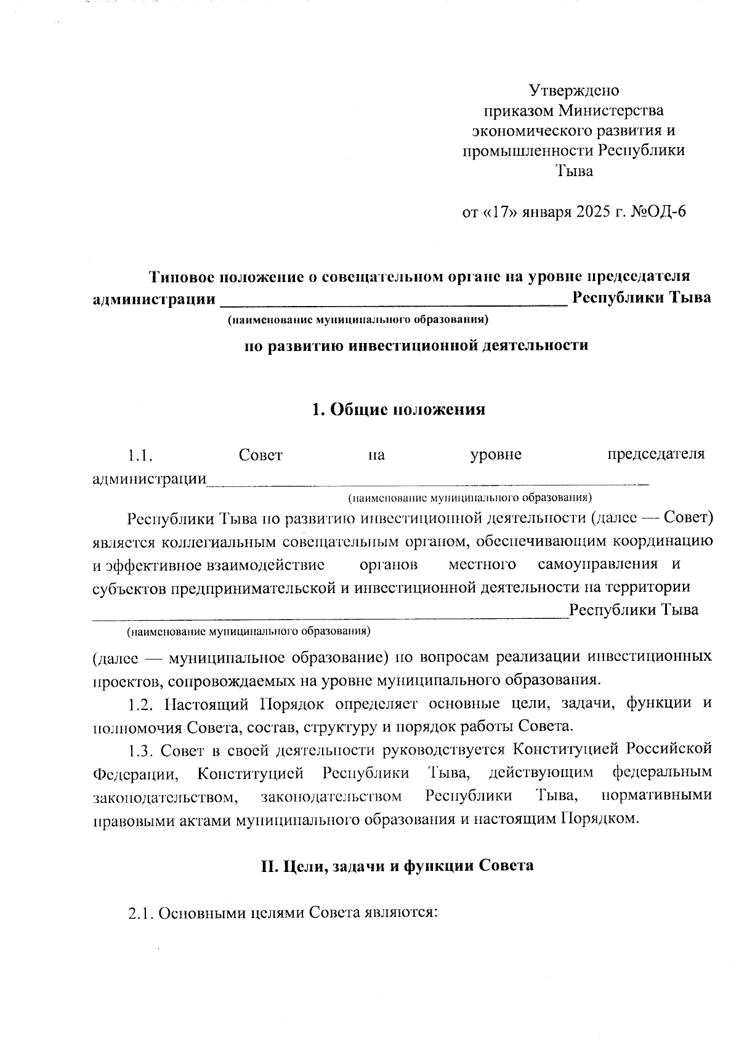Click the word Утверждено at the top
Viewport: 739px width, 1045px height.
click(x=574, y=91)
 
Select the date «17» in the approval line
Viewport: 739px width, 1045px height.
click(x=499, y=212)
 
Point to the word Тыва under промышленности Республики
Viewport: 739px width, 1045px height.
click(x=574, y=171)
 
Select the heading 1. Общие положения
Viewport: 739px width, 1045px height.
click(x=398, y=410)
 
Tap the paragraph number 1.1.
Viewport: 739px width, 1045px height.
click(x=140, y=456)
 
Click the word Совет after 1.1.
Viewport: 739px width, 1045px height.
click(x=260, y=456)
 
